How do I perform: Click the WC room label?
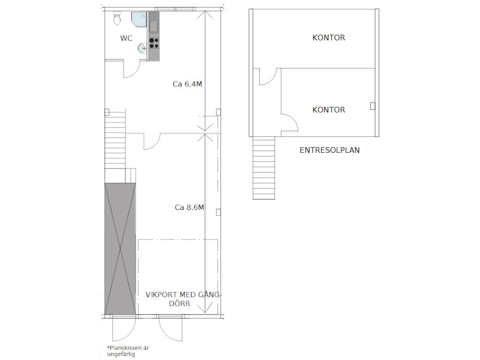[126, 38]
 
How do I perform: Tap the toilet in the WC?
[117, 18]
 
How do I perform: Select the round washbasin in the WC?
[142, 48]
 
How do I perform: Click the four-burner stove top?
[154, 43]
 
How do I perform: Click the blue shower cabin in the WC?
[139, 19]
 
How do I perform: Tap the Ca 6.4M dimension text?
[187, 84]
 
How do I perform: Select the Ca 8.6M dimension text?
[189, 208]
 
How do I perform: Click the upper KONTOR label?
[329, 37]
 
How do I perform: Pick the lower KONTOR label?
[329, 110]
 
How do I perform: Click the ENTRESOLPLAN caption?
[330, 150]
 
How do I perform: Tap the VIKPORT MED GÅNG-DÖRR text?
[183, 299]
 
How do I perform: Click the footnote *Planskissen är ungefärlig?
[128, 351]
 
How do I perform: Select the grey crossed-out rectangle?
[120, 249]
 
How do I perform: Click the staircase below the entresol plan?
[263, 168]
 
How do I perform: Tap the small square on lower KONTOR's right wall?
[373, 106]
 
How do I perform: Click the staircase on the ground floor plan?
[115, 140]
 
